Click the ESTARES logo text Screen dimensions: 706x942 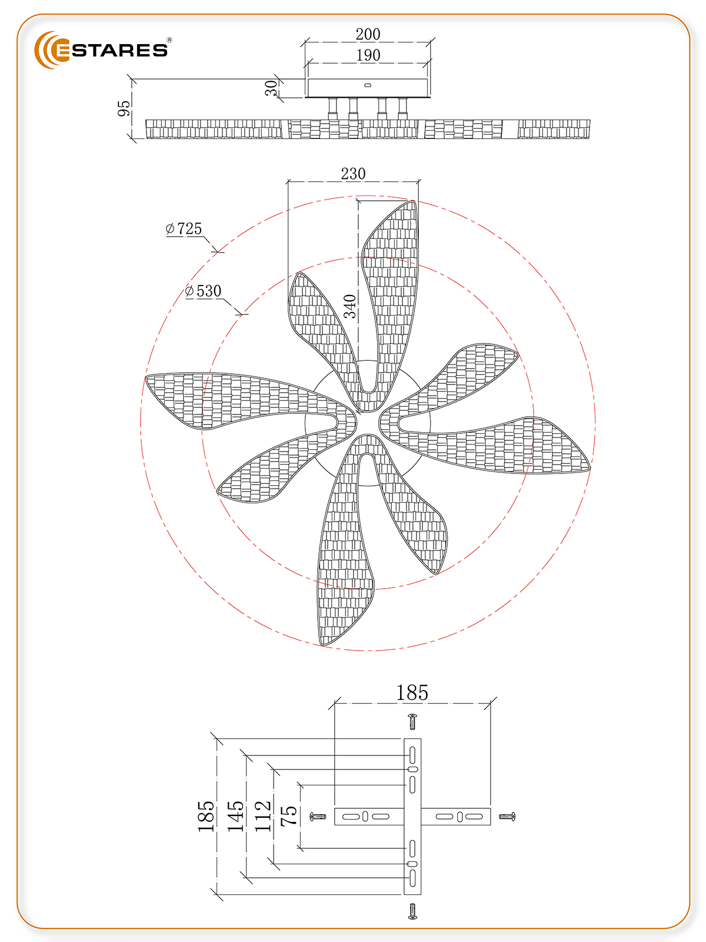[111, 50]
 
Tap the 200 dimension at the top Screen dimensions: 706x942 [368, 34]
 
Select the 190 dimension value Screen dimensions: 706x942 [368, 55]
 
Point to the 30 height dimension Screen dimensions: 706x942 [271, 88]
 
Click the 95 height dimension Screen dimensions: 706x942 [124, 108]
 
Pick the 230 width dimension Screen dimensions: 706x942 [353, 174]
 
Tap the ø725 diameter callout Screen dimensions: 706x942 [184, 228]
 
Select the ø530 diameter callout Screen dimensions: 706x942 [203, 291]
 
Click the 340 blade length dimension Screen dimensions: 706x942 [350, 306]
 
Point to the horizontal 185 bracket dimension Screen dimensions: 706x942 [411, 693]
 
